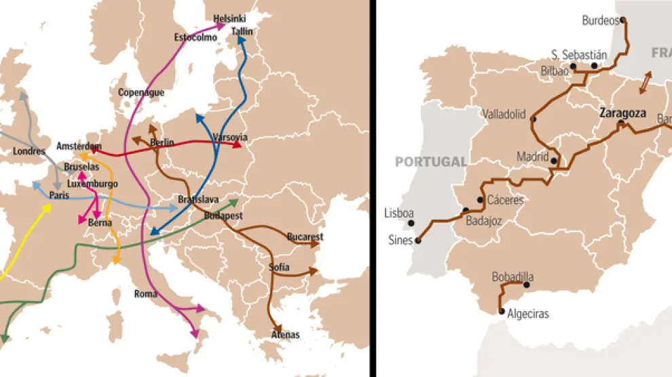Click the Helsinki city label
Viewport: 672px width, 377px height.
(229, 18)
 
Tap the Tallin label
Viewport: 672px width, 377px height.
(242, 31)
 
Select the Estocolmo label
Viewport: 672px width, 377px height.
(195, 38)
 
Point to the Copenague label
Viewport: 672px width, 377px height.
(141, 92)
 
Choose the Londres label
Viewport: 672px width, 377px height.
(29, 151)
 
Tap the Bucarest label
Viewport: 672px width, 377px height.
(305, 237)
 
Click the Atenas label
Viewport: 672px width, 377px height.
(285, 334)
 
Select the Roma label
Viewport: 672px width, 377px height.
(145, 294)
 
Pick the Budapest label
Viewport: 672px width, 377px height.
(224, 216)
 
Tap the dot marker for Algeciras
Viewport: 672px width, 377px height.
(502, 312)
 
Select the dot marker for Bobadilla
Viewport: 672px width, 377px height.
(526, 285)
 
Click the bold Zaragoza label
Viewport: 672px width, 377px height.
(622, 113)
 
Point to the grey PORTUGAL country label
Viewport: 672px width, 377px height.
(432, 162)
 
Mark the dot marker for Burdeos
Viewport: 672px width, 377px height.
(622, 20)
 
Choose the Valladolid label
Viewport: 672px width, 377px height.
(504, 115)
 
